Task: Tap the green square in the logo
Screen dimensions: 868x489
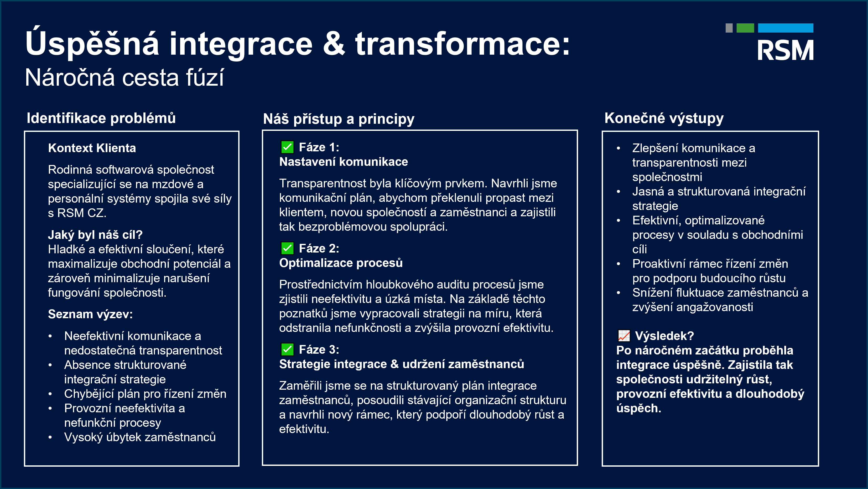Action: [745, 28]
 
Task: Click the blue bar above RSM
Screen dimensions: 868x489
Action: [786, 28]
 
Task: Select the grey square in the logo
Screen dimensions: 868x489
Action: [729, 28]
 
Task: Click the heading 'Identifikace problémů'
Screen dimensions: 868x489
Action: [101, 118]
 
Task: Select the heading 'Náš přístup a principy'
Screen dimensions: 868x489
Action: [339, 119]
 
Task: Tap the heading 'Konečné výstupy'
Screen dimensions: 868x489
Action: [664, 118]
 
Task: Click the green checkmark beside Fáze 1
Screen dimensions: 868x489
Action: [287, 147]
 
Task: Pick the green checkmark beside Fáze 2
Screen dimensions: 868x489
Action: [287, 248]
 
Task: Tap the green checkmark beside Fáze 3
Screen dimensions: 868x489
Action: [287, 349]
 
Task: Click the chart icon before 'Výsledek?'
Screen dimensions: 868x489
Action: [624, 336]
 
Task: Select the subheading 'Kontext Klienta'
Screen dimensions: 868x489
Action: [92, 148]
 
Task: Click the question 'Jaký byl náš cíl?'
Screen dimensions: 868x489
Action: [95, 235]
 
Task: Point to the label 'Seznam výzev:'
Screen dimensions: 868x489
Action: [90, 314]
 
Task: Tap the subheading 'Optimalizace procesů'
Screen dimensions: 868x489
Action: [341, 263]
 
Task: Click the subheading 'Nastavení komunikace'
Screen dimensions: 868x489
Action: [343, 162]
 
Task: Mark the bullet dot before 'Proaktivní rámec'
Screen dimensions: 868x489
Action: [618, 264]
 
